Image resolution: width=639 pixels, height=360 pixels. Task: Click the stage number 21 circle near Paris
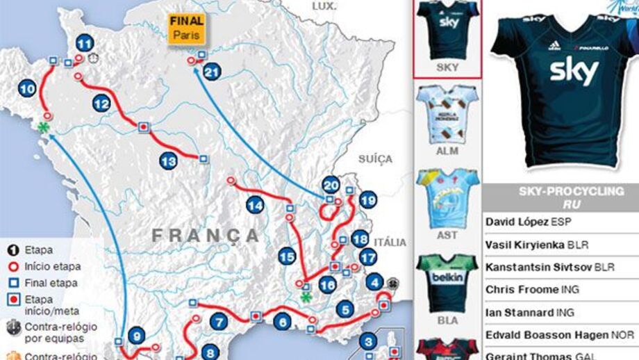pyautogui.click(x=213, y=72)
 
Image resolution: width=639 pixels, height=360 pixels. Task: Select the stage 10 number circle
pyautogui.click(x=28, y=89)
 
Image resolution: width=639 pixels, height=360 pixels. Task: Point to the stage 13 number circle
pyautogui.click(x=169, y=161)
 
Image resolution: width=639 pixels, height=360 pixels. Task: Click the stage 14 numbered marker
pyautogui.click(x=255, y=205)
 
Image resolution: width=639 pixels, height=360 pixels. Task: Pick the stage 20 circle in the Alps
pyautogui.click(x=331, y=185)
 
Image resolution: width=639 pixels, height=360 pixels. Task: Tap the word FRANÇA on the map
pyautogui.click(x=206, y=236)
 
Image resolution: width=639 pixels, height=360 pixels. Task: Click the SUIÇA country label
pyautogui.click(x=375, y=159)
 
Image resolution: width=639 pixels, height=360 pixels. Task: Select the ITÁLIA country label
pyautogui.click(x=390, y=242)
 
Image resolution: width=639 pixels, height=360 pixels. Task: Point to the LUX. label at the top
pyautogui.click(x=324, y=6)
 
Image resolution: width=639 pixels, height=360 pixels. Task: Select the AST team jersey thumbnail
pyautogui.click(x=447, y=197)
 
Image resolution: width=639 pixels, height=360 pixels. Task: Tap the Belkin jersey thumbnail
pyautogui.click(x=447, y=283)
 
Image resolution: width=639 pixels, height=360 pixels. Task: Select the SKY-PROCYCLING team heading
pyautogui.click(x=562, y=192)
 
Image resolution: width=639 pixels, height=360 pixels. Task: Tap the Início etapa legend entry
pyautogui.click(x=52, y=266)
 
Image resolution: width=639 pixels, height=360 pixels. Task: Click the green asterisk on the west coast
pyautogui.click(x=44, y=127)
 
